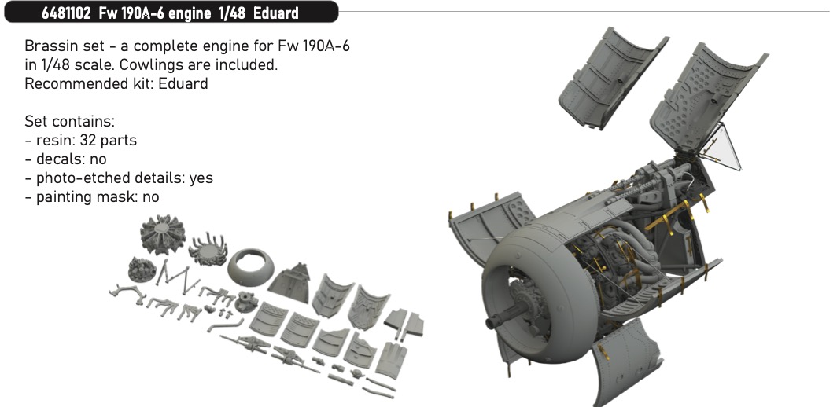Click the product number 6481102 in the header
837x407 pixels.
(66, 13)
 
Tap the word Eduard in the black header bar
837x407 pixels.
(276, 13)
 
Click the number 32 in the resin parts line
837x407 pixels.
(87, 141)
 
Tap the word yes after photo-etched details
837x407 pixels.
(201, 178)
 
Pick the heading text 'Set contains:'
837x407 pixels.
(69, 121)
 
